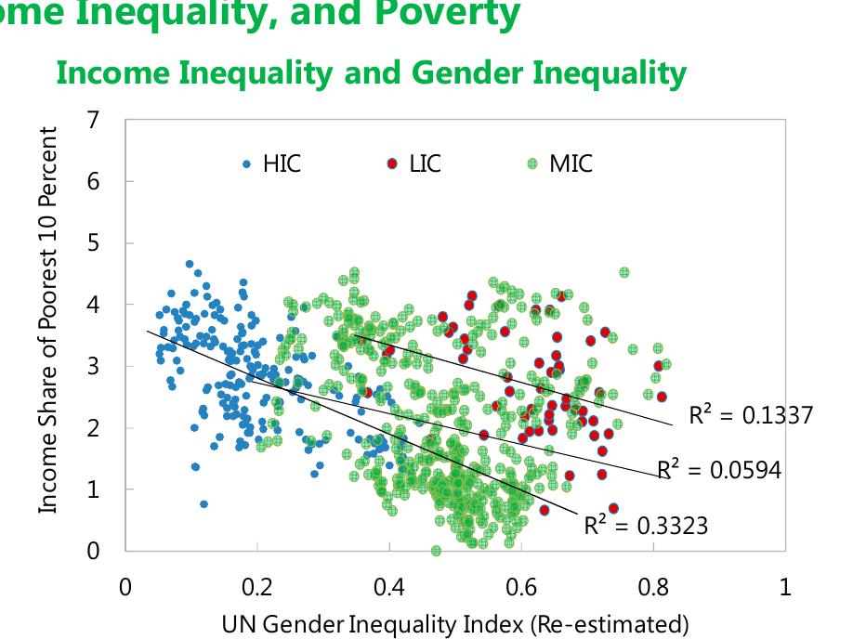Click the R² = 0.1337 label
[750, 415]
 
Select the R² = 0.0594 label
[718, 470]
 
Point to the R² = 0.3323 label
[646, 526]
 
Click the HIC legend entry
[272, 164]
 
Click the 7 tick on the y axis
[93, 120]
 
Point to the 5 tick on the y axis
[93, 243]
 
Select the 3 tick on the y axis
[93, 366]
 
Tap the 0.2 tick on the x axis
[256, 587]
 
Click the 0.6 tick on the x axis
[521, 587]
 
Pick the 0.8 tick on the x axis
[653, 587]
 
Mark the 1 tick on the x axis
[785, 587]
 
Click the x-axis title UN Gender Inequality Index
[455, 622]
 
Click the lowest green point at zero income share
[436, 551]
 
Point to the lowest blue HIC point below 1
[203, 504]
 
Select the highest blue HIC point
[190, 264]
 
